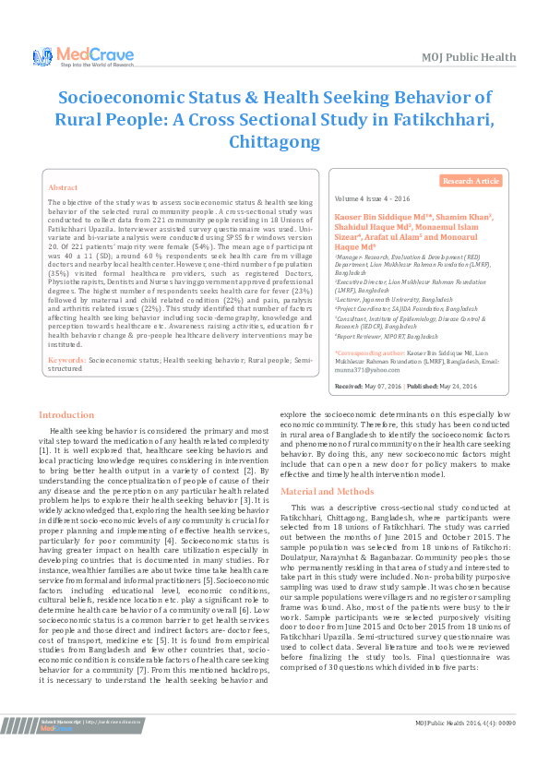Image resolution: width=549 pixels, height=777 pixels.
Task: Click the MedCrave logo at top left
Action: pos(69,57)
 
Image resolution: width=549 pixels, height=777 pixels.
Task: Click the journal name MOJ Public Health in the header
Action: pos(467,57)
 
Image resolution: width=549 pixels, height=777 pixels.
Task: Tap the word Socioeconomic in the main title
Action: pos(125,97)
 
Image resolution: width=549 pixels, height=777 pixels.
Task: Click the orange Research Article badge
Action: pos(471,182)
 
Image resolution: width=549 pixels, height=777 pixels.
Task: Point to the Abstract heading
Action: pos(63,186)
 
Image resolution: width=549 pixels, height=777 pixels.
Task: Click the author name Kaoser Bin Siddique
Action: pos(373,217)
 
